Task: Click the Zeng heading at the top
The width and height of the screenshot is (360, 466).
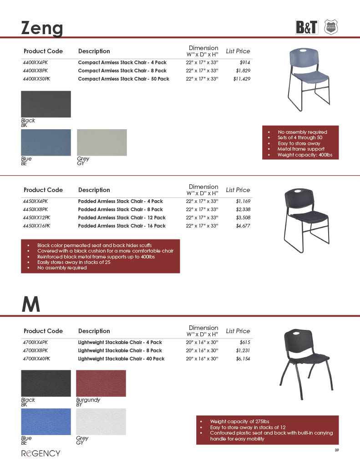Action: tap(42, 28)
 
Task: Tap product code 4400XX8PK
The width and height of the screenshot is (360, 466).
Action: tap(35, 71)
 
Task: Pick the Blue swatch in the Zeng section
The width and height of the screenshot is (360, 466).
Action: tap(46, 142)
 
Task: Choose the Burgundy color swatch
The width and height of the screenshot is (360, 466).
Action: tap(101, 383)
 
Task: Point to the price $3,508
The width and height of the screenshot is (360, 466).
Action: tap(243, 218)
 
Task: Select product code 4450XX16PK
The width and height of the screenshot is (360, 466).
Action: tap(37, 226)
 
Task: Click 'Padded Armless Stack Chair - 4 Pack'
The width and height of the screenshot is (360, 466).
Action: tap(120, 201)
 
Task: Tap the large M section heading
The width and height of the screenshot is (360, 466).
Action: tap(31, 305)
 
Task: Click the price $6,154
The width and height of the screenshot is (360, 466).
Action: tap(243, 359)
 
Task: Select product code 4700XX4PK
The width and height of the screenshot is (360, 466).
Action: tap(35, 342)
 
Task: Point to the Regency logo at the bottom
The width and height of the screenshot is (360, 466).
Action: tap(41, 453)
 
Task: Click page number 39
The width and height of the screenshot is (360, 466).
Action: tap(337, 451)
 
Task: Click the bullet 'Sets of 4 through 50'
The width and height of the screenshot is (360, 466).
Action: tap(300, 138)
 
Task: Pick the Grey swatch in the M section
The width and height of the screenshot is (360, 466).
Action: tap(101, 421)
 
